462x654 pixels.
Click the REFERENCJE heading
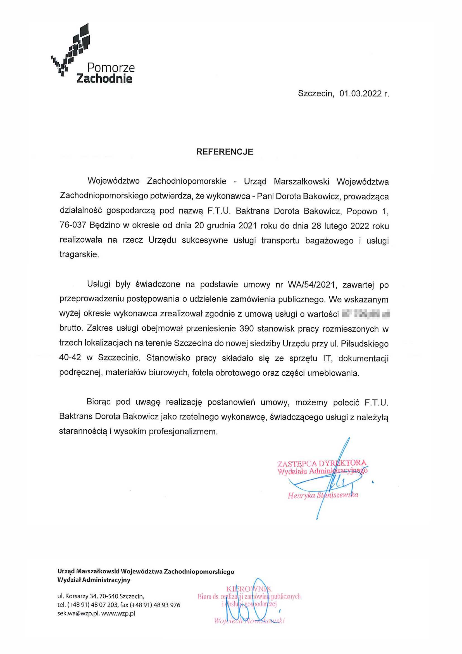click(224, 152)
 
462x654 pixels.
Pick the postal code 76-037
click(73, 226)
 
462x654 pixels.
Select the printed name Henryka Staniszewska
click(323, 495)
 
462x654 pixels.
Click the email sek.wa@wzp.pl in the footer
click(78, 613)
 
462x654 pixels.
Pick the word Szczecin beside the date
click(315, 94)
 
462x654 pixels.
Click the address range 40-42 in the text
click(70, 358)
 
